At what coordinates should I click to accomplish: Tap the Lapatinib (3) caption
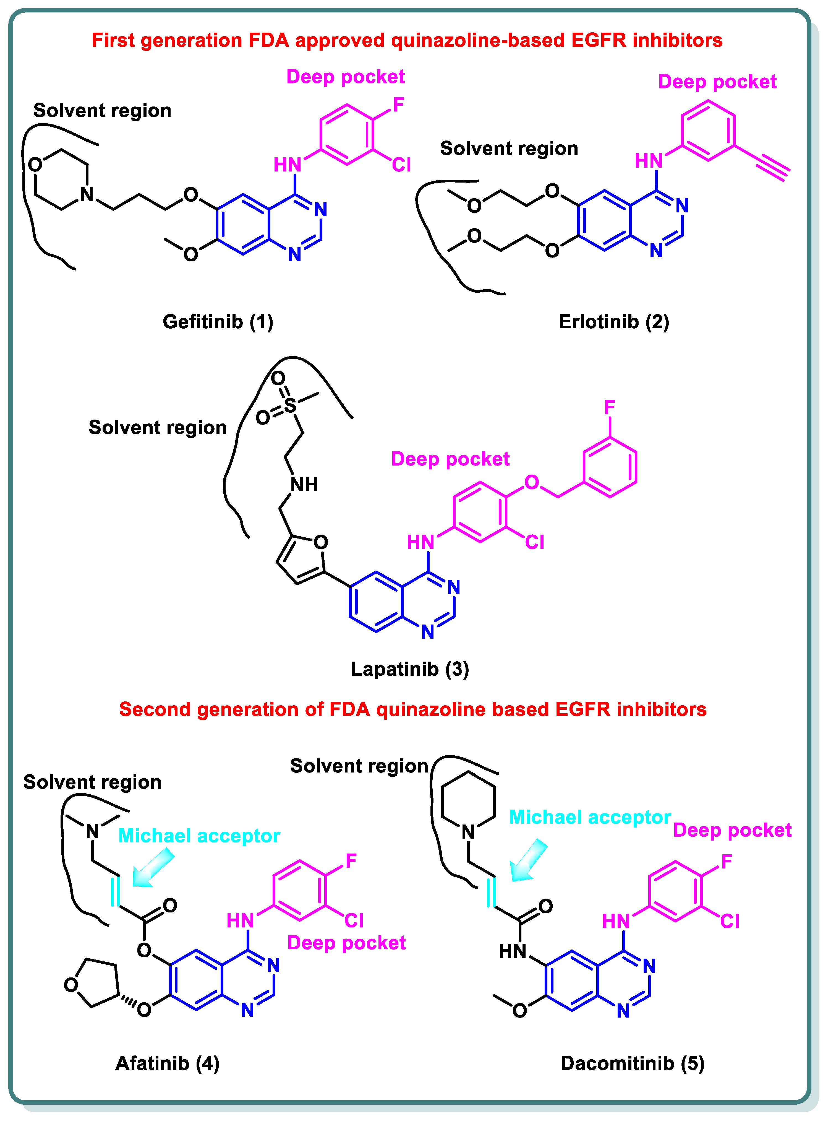[409, 669]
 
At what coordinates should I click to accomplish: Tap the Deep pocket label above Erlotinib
[717, 81]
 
